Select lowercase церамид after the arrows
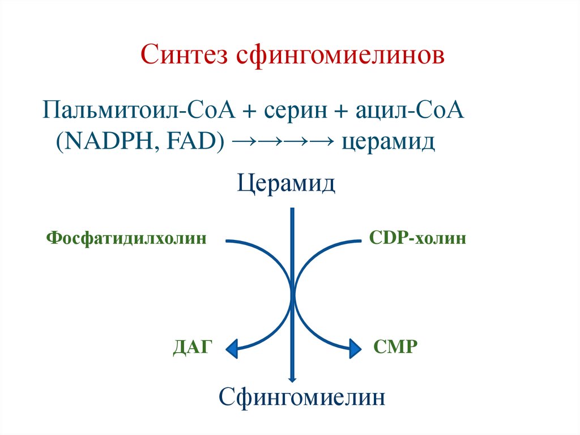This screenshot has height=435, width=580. (x=389, y=141)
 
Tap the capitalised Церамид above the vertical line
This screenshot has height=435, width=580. (x=286, y=184)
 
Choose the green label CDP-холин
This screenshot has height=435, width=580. (x=417, y=238)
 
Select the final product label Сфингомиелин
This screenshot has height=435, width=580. (x=302, y=396)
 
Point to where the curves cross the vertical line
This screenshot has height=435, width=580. (x=293, y=293)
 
